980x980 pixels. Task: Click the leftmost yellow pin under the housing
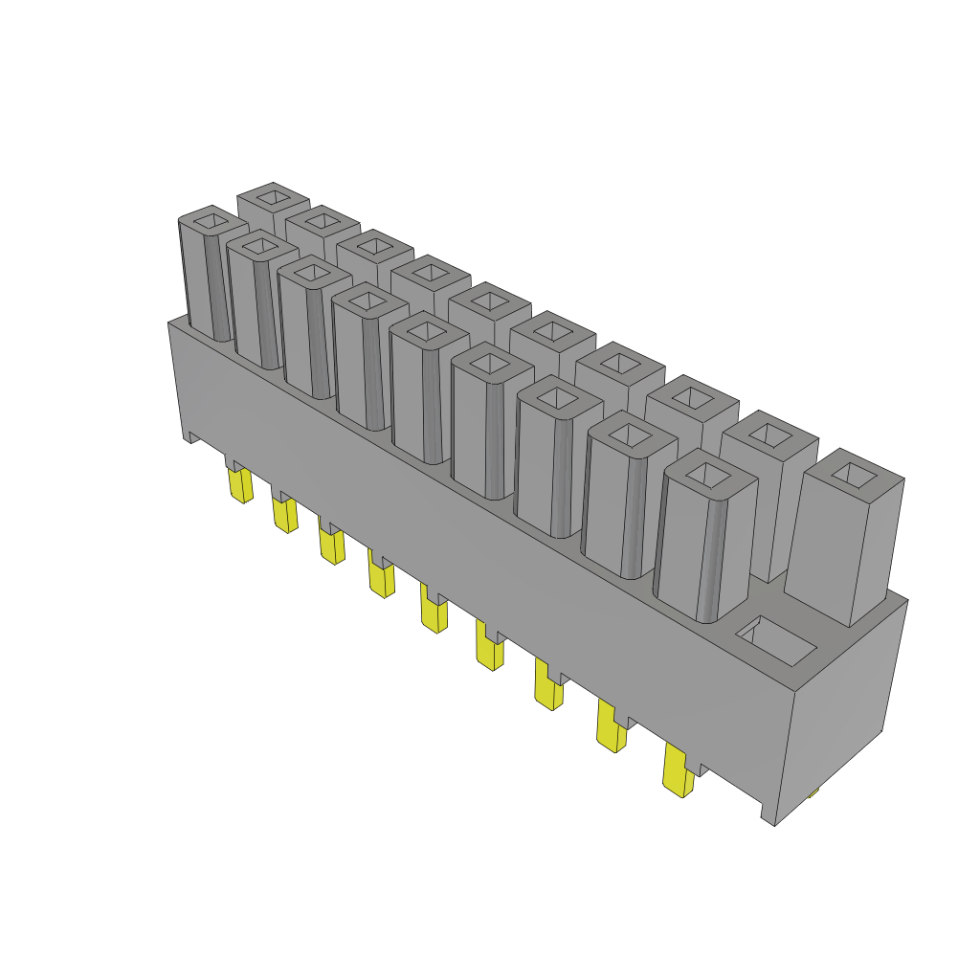tap(240, 486)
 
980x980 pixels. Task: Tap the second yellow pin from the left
tap(284, 516)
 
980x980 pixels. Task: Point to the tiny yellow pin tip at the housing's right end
tap(813, 791)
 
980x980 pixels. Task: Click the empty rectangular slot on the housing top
tap(776, 641)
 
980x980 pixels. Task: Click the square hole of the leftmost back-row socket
tap(274, 197)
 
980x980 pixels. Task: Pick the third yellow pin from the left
tap(332, 546)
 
